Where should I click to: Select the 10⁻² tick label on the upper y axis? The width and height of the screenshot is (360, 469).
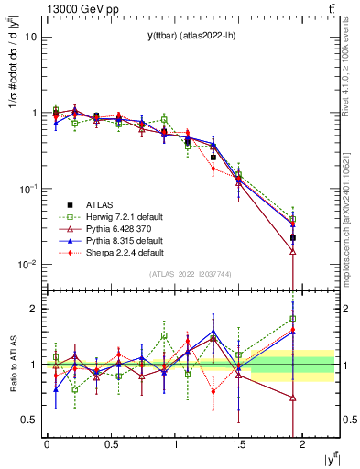point(27,265)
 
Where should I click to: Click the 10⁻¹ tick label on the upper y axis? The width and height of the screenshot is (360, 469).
point(27,189)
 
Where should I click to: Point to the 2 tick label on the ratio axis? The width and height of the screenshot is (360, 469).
point(33,309)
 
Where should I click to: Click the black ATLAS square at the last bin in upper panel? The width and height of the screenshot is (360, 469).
point(293,238)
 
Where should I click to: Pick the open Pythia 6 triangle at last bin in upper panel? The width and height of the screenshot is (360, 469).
point(293,251)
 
